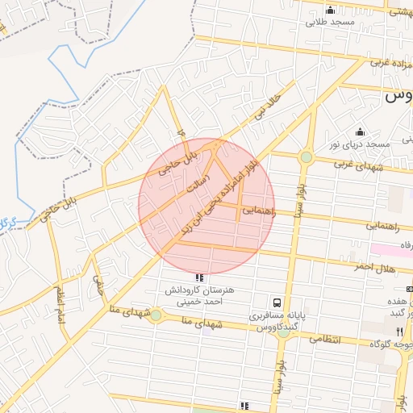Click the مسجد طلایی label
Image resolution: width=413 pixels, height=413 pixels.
coord(329,24)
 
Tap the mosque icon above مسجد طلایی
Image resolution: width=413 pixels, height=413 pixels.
coord(329,10)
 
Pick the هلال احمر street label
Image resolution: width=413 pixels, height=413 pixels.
coord(374,267)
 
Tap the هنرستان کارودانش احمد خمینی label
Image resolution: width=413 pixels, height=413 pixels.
coord(200,294)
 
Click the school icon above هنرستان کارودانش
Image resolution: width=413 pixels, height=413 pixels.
coord(200,277)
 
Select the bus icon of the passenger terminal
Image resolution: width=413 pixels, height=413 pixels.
coord(277,302)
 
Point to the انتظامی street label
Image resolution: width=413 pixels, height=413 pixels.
coord(326,340)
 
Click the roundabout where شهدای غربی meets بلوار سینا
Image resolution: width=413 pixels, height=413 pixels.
coord(306,157)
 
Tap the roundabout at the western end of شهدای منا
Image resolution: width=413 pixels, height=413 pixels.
coord(156,315)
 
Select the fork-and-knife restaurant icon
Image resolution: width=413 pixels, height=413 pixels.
coord(398,332)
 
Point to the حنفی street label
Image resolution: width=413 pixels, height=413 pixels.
coord(99,284)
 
